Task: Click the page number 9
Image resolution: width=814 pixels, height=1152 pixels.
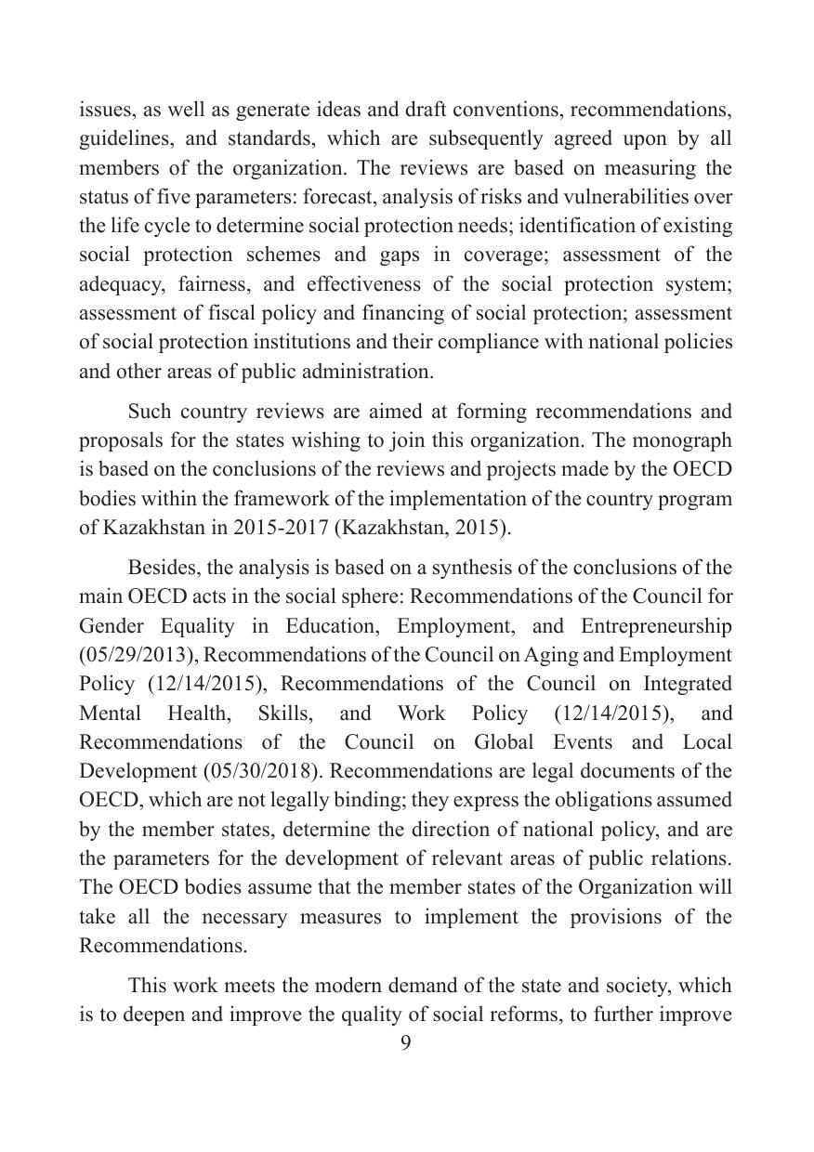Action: point(405,1042)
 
